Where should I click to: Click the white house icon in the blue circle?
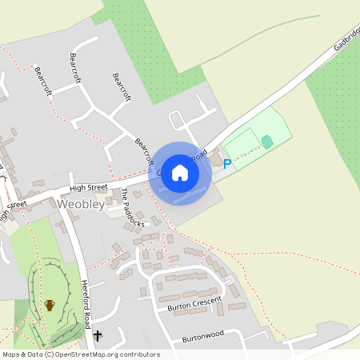pos(180,173)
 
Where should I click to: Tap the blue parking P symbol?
pos(226,165)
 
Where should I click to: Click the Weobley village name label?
pos(80,205)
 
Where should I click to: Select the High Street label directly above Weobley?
pos(88,187)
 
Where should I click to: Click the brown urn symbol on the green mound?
pos(50,305)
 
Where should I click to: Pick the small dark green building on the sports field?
pos(267,142)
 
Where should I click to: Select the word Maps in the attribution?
pos(10,354)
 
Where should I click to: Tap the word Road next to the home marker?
pos(199,154)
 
